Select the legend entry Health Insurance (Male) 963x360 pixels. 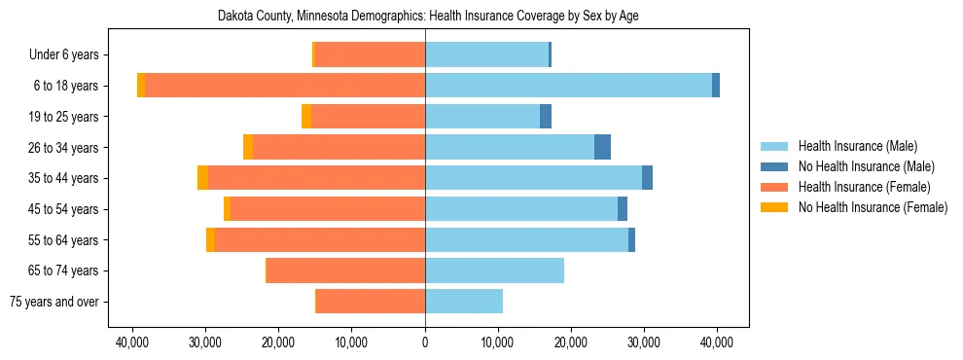pos(857,146)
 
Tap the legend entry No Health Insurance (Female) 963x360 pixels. pos(873,207)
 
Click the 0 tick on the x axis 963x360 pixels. pos(425,342)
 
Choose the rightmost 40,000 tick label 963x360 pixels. pos(717,342)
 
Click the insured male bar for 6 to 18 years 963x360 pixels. pos(568,86)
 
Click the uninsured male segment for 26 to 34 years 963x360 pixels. pos(602,147)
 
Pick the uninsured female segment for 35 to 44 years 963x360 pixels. pos(202,178)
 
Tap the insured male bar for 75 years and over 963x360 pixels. pos(464,302)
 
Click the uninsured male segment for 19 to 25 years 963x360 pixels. pos(546,117)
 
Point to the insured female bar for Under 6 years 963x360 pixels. pos(370,55)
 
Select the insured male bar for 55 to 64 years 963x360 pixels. pos(526,239)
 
